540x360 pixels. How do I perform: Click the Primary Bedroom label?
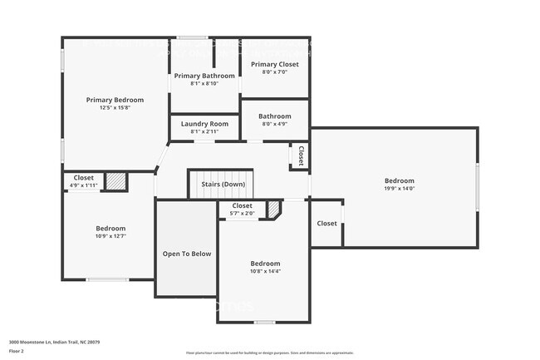coord(115,100)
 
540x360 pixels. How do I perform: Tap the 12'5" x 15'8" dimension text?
coord(115,107)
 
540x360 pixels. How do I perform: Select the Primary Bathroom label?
coord(204,76)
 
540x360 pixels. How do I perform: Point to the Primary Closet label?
coord(275,64)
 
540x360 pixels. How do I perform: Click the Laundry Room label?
coord(204,124)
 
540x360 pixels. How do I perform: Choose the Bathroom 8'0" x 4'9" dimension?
coord(275,124)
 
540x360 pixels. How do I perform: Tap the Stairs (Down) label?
coord(222,184)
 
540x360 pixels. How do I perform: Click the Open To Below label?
coord(186,254)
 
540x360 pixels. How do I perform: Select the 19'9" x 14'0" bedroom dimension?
coord(399,189)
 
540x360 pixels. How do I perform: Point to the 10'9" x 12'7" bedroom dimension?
coord(110,236)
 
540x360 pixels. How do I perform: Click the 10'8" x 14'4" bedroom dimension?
coord(266,271)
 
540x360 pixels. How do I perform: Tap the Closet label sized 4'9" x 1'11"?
coord(83,177)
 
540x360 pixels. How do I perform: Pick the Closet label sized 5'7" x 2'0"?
coord(242,205)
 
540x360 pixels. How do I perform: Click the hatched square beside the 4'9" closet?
coord(115,180)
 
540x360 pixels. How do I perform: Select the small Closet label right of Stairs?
coord(300,155)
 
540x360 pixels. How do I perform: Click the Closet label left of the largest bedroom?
coord(327,223)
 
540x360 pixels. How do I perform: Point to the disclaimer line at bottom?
coord(269,353)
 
